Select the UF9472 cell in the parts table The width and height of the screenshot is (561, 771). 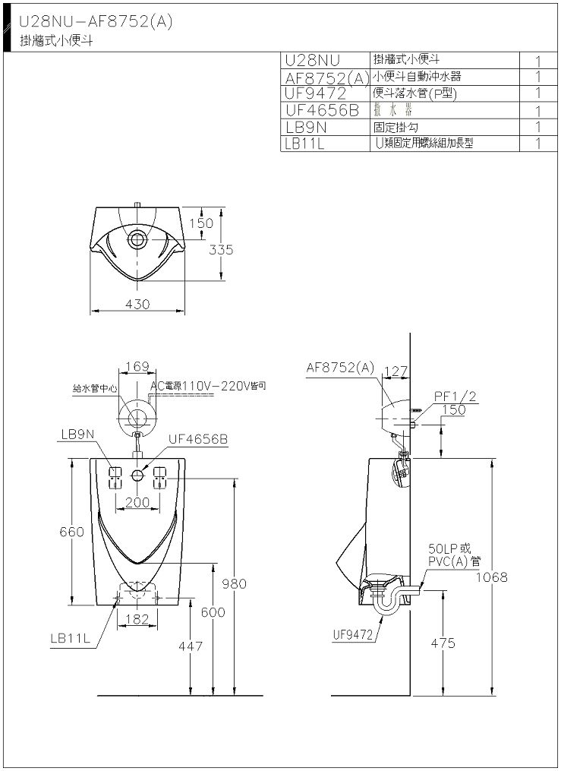point(316,93)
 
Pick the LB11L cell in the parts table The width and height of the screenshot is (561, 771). point(304,143)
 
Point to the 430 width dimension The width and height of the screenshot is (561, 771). point(138,304)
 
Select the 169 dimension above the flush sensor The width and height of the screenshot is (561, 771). point(137,367)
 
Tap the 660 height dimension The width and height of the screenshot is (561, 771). point(71,532)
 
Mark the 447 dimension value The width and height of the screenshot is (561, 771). point(190,646)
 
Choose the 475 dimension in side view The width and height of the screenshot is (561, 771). point(442,643)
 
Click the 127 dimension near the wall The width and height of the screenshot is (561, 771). point(397,372)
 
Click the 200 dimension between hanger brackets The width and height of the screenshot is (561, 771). point(137,502)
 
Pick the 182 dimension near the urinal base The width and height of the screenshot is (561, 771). point(137,619)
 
